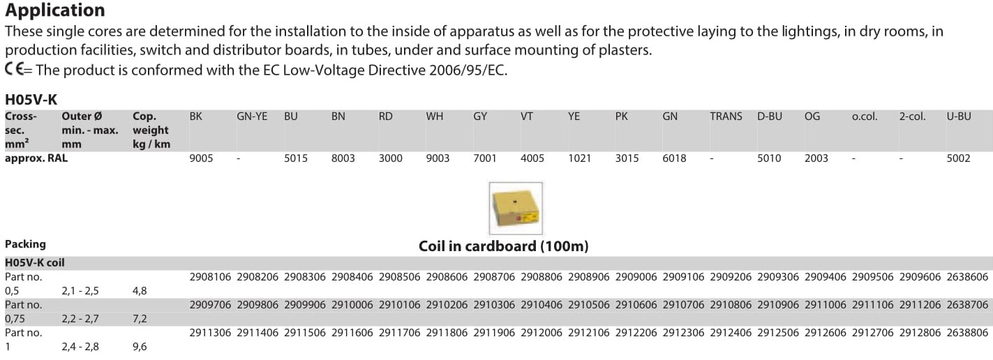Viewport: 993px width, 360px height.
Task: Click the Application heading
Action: click(55, 10)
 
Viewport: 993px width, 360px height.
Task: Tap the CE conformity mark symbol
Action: click(15, 69)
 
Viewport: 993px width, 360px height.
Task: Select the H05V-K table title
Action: click(31, 99)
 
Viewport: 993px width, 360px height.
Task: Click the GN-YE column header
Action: click(252, 116)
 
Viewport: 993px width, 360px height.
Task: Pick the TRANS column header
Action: click(726, 116)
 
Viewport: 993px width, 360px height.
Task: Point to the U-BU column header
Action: click(959, 116)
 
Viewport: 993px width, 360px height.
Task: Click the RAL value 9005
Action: click(201, 158)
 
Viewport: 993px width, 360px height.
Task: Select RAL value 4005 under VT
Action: click(532, 158)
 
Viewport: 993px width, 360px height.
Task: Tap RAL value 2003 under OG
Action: click(816, 158)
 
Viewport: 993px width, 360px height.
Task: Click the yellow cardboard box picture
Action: click(516, 208)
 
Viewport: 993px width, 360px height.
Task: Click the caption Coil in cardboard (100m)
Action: click(504, 246)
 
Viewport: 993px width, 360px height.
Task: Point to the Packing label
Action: click(25, 244)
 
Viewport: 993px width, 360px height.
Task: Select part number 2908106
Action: click(210, 277)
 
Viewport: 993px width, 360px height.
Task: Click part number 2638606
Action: click(967, 277)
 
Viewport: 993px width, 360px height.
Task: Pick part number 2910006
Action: click(352, 305)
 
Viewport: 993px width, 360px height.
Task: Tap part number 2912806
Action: click(920, 333)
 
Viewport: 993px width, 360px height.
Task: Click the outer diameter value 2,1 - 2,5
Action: click(80, 291)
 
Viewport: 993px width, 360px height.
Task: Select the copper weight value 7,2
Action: click(140, 319)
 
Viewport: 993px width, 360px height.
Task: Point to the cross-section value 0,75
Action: click(15, 319)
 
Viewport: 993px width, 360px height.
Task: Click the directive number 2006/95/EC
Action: click(468, 70)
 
